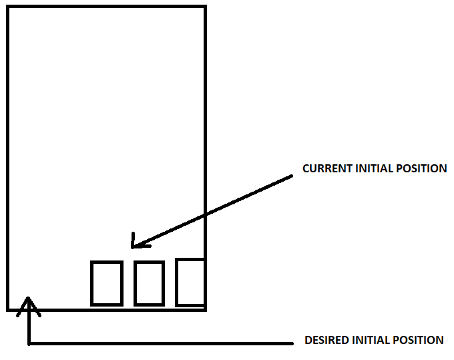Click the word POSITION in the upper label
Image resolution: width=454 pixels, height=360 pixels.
click(420, 168)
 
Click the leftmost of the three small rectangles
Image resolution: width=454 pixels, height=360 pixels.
click(106, 284)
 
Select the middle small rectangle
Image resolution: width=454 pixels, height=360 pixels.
click(148, 284)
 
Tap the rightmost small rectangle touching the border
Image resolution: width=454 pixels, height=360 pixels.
click(190, 282)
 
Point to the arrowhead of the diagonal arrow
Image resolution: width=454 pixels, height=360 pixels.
click(134, 245)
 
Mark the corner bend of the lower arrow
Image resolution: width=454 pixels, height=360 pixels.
click(29, 344)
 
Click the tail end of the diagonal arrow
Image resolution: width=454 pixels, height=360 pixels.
click(291, 176)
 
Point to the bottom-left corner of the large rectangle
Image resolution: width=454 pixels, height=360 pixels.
click(8, 309)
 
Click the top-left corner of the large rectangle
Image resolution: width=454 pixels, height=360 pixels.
click(8, 7)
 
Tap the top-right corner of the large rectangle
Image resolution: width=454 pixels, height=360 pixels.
click(204, 7)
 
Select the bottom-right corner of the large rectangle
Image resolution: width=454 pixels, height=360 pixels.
click(204, 309)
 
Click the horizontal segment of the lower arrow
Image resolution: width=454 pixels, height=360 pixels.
click(160, 344)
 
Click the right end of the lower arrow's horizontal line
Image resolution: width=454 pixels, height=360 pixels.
click(292, 344)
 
